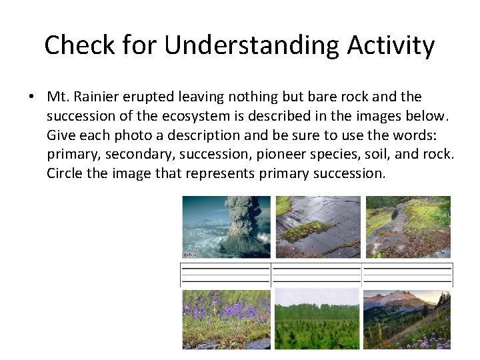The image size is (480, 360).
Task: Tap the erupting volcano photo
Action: (226, 227)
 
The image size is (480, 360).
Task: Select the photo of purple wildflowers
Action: (226, 319)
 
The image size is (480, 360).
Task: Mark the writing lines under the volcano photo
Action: (226, 274)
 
